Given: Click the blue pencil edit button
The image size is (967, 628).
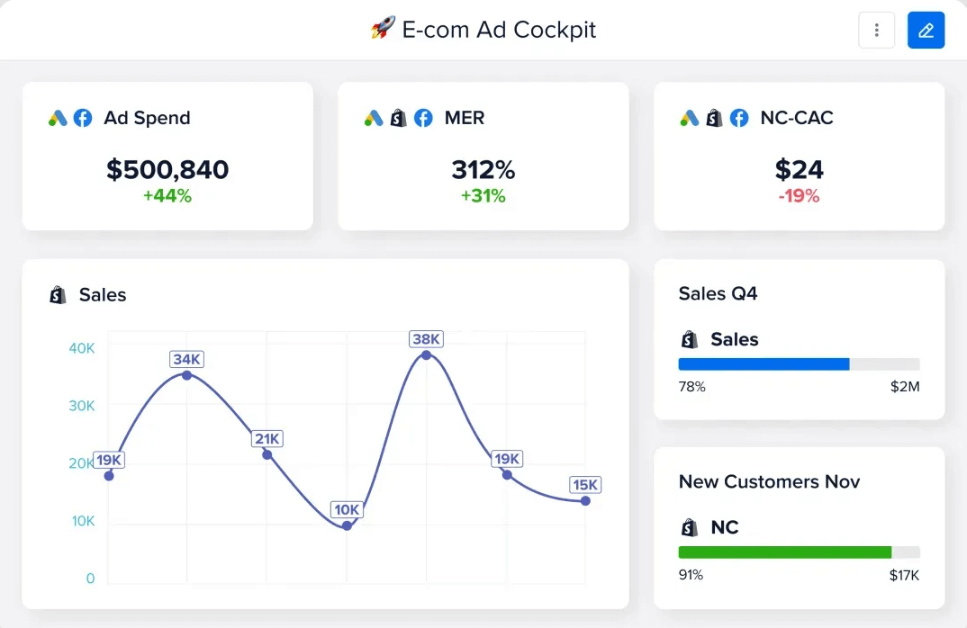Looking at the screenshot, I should pyautogui.click(x=926, y=31).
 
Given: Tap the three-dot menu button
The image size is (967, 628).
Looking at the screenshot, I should pyautogui.click(x=876, y=31).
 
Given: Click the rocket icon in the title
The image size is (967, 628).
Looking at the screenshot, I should pyautogui.click(x=383, y=29).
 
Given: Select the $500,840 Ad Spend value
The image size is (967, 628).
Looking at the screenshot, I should pyautogui.click(x=167, y=169).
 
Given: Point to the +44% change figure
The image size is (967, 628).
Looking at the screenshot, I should pyautogui.click(x=167, y=195).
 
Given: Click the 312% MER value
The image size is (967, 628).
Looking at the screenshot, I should pyautogui.click(x=483, y=169).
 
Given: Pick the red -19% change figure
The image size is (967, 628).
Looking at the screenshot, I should pyautogui.click(x=799, y=195).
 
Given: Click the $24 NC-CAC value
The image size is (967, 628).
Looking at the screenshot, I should pyautogui.click(x=799, y=169).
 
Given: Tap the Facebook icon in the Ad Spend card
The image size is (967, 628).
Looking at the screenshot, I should pyautogui.click(x=83, y=118).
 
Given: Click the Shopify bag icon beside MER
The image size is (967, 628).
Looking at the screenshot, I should pyautogui.click(x=398, y=118).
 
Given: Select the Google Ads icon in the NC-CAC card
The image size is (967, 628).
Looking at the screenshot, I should pyautogui.click(x=689, y=118).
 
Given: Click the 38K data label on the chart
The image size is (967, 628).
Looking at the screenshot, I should pyautogui.click(x=426, y=339).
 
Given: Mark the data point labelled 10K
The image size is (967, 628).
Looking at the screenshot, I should pyautogui.click(x=347, y=525).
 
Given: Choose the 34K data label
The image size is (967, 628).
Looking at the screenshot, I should pyautogui.click(x=186, y=359).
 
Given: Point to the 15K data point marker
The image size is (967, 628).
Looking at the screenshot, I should pyautogui.click(x=585, y=500).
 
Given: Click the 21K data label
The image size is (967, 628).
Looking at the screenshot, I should pyautogui.click(x=267, y=439).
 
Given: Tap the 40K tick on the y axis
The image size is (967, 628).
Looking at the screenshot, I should pyautogui.click(x=82, y=348).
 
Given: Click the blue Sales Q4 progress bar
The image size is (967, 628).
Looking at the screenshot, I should pyautogui.click(x=764, y=364).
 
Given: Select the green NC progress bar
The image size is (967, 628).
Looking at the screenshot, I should pyautogui.click(x=784, y=552).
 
